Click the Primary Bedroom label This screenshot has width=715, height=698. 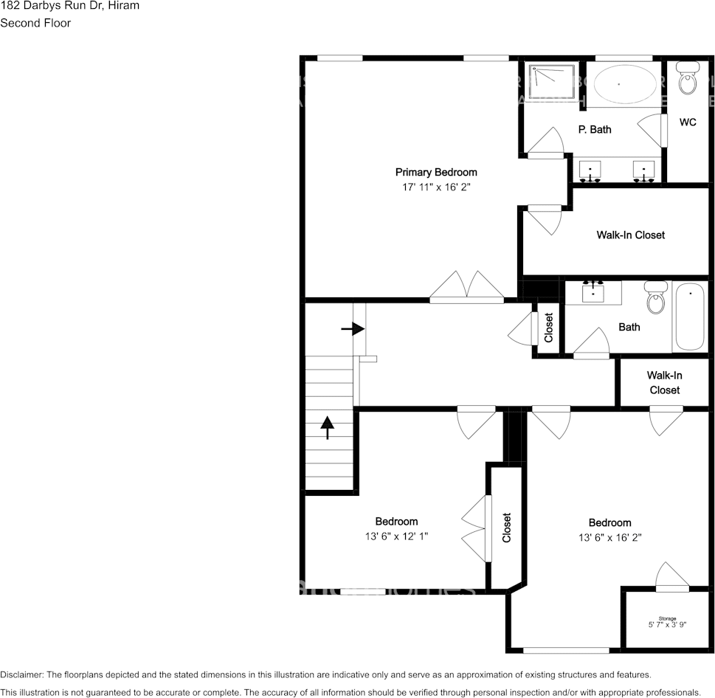(436, 173)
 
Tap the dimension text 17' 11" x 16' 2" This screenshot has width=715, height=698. (436, 187)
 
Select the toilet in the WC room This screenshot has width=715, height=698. (688, 79)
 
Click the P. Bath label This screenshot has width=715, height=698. (594, 130)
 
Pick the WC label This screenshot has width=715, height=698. (688, 122)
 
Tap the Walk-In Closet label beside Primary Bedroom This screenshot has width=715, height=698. (630, 235)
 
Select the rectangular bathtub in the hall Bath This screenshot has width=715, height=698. (690, 317)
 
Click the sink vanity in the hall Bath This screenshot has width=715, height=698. (593, 293)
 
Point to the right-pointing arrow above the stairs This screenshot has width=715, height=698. (353, 328)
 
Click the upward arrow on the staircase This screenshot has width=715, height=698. (327, 427)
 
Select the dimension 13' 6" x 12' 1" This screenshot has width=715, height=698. (396, 537)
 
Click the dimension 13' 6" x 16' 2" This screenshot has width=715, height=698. (609, 538)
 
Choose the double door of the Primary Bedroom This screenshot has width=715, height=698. (467, 288)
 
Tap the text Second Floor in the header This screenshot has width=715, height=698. (35, 23)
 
